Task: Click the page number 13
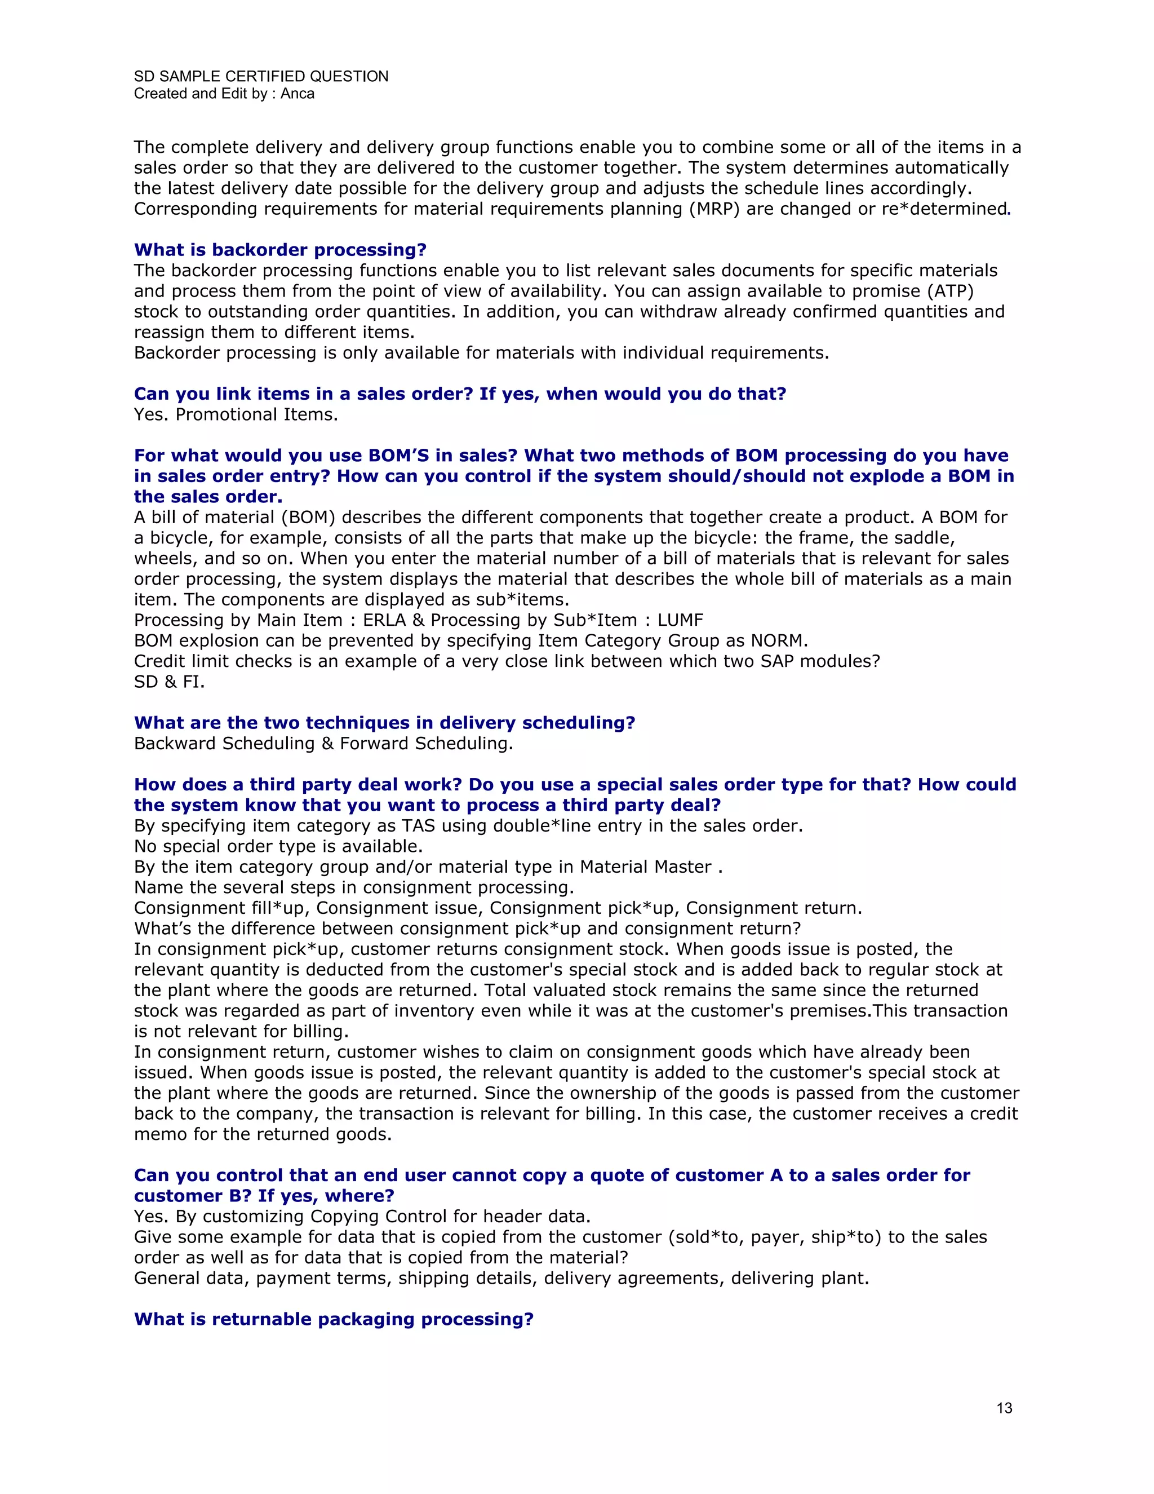1004,1408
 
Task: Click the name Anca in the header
298,94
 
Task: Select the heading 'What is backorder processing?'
280,250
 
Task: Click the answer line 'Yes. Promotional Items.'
236,414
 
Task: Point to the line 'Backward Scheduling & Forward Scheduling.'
323,743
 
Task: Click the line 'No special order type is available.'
278,846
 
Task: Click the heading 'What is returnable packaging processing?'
334,1319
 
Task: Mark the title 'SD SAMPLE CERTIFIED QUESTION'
261,76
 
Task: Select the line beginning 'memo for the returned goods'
263,1134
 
